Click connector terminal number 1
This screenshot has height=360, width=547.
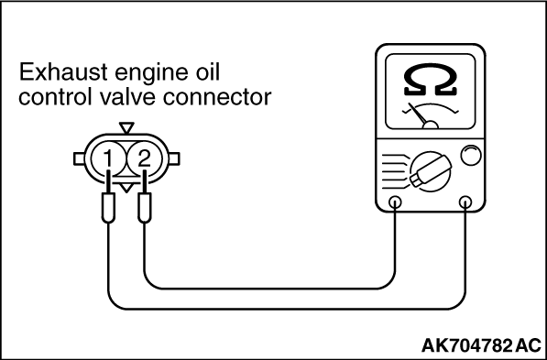109,160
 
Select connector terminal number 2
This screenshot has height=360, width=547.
142,160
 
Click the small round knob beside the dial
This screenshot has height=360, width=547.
470,157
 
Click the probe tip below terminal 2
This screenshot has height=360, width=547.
144,212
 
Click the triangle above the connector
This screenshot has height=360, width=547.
126,128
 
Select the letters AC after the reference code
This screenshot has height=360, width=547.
528,346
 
